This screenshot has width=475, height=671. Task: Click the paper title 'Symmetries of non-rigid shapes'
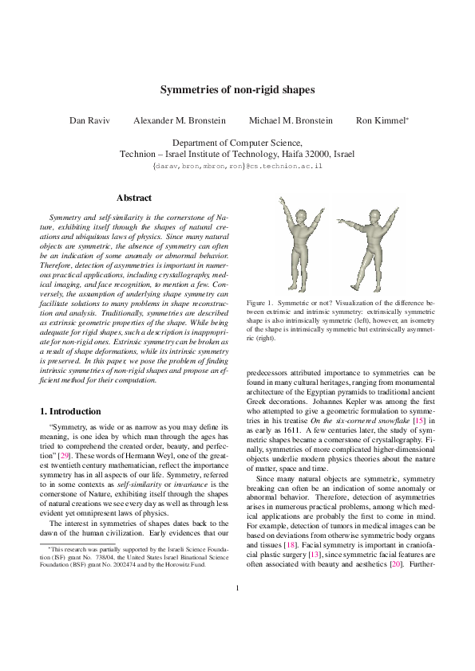(237, 90)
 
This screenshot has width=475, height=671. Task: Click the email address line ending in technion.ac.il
(237, 166)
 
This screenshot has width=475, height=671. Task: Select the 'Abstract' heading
(133, 198)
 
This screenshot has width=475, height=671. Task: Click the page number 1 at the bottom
(237, 634)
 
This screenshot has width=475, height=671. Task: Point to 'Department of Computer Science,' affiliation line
(237, 141)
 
